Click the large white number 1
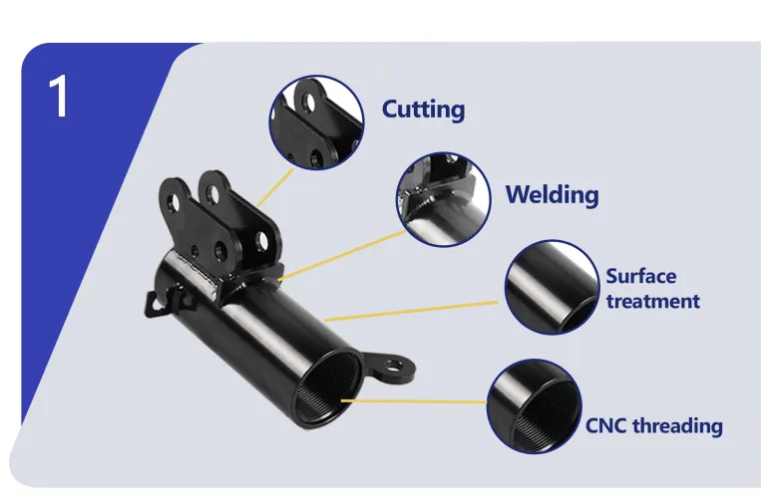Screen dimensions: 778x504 pyautogui.click(x=59, y=97)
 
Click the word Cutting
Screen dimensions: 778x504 pyautogui.click(x=423, y=110)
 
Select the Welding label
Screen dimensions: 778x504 pyautogui.click(x=552, y=194)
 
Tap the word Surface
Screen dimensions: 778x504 pyautogui.click(x=641, y=276)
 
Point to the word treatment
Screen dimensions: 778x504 pyautogui.click(x=653, y=301)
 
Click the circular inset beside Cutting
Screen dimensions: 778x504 pyautogui.click(x=316, y=123)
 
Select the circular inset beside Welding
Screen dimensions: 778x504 pyautogui.click(x=443, y=199)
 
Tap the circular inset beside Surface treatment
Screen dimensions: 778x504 pyautogui.click(x=552, y=288)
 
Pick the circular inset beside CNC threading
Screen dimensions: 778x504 pyautogui.click(x=534, y=406)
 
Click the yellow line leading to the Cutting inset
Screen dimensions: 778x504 pyautogui.click(x=275, y=187)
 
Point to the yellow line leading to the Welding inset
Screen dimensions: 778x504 pyautogui.click(x=342, y=255)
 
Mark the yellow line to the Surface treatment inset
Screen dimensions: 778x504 pyautogui.click(x=411, y=311)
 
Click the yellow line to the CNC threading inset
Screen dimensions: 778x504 pyautogui.click(x=414, y=401)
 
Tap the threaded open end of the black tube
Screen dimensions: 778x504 pyautogui.click(x=327, y=389)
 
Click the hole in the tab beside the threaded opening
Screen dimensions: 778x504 pyautogui.click(x=393, y=368)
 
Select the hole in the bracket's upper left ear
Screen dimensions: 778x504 pyautogui.click(x=173, y=202)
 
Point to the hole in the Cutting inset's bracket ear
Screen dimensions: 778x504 pyautogui.click(x=309, y=103)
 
